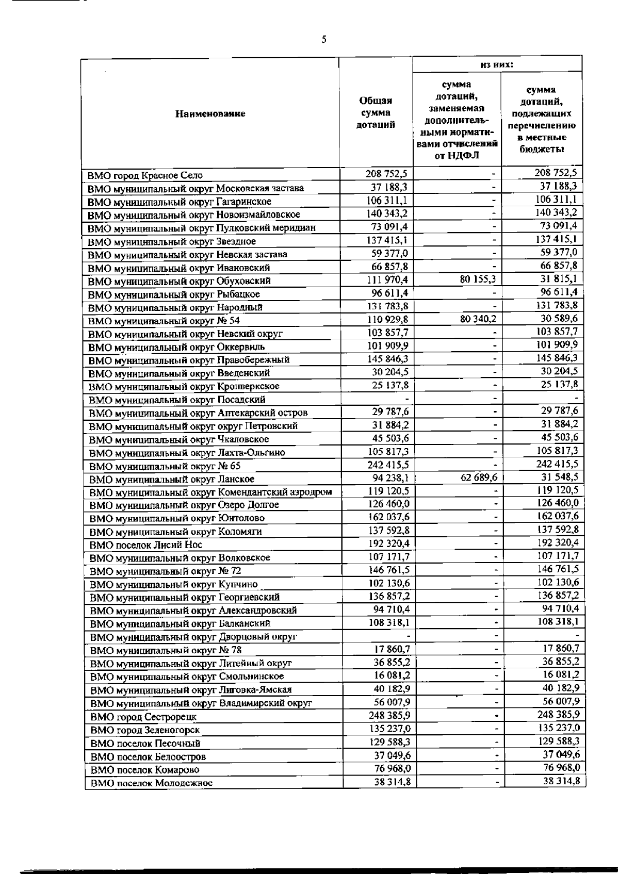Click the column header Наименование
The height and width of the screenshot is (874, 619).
pyautogui.click(x=210, y=114)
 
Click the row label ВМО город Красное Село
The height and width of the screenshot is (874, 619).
pyautogui.click(x=145, y=175)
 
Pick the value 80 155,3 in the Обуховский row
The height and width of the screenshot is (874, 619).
pyautogui.click(x=477, y=279)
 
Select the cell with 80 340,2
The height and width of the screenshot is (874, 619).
pyautogui.click(x=477, y=319)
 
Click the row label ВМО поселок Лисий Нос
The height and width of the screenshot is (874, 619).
pyautogui.click(x=146, y=545)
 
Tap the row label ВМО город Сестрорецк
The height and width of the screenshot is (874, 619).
pyautogui.click(x=143, y=717)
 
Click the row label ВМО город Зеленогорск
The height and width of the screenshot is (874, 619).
pyautogui.click(x=145, y=730)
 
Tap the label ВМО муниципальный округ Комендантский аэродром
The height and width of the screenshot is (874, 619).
pyautogui.click(x=210, y=491)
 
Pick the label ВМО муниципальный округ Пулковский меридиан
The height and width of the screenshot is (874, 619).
pyautogui.click(x=201, y=228)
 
